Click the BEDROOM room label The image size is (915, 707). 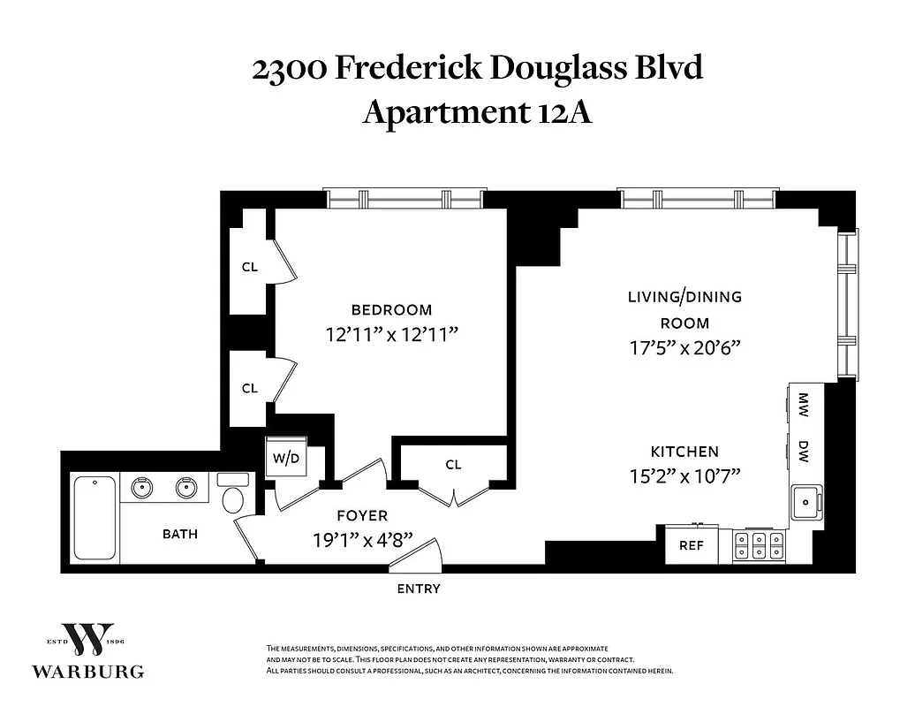(391, 310)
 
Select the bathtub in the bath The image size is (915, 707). (95, 518)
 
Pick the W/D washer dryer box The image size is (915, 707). (285, 458)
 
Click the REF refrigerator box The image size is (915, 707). (691, 546)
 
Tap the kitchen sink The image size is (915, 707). (807, 504)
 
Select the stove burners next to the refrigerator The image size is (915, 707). (759, 545)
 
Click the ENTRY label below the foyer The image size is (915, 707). (419, 589)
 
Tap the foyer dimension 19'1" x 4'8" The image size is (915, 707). (362, 539)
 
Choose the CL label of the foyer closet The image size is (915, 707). (453, 465)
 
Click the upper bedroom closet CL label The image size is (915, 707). (249, 267)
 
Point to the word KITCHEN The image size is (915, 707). (684, 451)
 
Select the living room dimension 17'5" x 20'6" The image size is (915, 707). (684, 347)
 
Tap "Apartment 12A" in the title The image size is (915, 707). (477, 112)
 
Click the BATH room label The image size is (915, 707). (179, 534)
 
